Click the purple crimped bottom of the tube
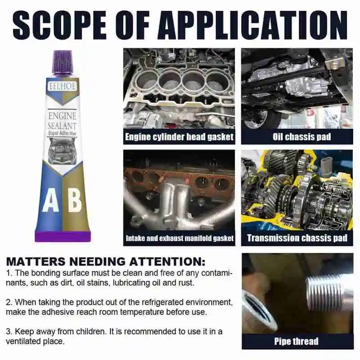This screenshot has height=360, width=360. pos(63,235)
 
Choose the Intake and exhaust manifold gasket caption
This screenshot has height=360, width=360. pos(179,238)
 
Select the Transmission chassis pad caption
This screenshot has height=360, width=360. pos(297,238)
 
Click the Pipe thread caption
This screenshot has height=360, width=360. pos(297,342)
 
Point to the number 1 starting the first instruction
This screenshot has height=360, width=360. pos(9,274)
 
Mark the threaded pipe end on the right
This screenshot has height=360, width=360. pos(326,292)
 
